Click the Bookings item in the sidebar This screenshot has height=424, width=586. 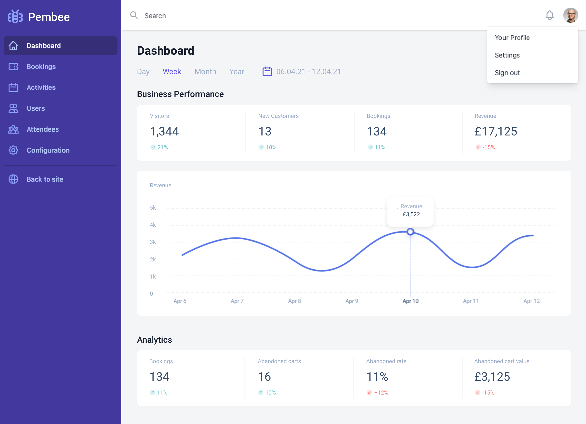[41, 67]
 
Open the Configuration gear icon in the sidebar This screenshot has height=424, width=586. [13, 150]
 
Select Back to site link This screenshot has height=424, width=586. [45, 179]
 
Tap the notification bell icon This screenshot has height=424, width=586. [550, 15]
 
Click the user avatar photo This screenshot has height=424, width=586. [571, 15]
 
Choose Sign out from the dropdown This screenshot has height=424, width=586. [507, 73]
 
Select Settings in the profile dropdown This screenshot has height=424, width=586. [507, 55]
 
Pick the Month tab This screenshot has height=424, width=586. [205, 72]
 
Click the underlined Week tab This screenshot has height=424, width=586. [171, 72]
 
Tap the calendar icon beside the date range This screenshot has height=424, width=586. [267, 72]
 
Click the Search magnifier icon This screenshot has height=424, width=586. [134, 15]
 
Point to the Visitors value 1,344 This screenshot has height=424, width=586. [164, 131]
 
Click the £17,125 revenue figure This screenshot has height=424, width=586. [496, 131]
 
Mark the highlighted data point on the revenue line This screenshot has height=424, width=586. [410, 232]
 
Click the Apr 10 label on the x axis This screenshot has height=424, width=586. [410, 301]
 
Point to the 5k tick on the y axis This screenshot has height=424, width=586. [153, 208]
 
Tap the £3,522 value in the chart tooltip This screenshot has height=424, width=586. [411, 214]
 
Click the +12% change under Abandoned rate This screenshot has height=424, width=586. [381, 392]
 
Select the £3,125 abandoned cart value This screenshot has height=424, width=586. [492, 377]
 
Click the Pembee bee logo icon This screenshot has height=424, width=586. [15, 17]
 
